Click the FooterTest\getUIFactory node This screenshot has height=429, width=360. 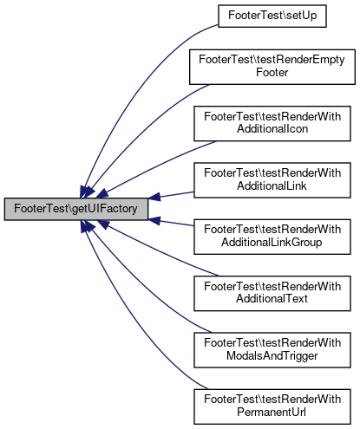[x=76, y=209]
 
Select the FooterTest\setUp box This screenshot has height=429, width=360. [x=272, y=16]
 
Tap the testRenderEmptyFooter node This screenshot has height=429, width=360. [x=272, y=67]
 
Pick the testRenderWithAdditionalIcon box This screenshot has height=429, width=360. [x=272, y=124]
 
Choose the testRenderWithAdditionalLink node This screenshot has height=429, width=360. [x=272, y=180]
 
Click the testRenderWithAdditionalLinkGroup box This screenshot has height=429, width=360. [x=272, y=237]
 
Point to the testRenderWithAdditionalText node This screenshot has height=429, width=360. [x=272, y=294]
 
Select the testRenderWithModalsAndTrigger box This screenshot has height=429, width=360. [x=272, y=350]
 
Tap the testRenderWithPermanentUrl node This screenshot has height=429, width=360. [x=272, y=406]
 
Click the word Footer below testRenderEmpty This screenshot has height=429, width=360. [x=272, y=73]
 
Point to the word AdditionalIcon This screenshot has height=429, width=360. [x=272, y=129]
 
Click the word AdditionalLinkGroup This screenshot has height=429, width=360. [x=272, y=243]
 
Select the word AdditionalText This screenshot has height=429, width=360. [x=272, y=299]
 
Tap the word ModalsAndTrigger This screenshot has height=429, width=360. [x=272, y=356]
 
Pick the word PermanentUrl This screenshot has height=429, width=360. [x=272, y=413]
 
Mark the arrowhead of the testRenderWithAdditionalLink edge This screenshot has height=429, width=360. [x=154, y=197]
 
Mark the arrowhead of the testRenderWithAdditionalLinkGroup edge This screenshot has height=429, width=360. [x=154, y=221]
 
